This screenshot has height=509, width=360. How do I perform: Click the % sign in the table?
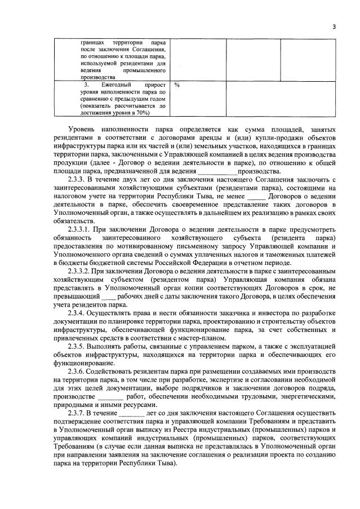177,85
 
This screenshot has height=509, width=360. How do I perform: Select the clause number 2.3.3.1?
81,230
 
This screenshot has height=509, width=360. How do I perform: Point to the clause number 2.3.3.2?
81,272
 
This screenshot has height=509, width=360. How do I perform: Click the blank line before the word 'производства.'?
218,171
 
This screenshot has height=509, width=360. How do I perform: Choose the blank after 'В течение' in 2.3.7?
132,414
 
